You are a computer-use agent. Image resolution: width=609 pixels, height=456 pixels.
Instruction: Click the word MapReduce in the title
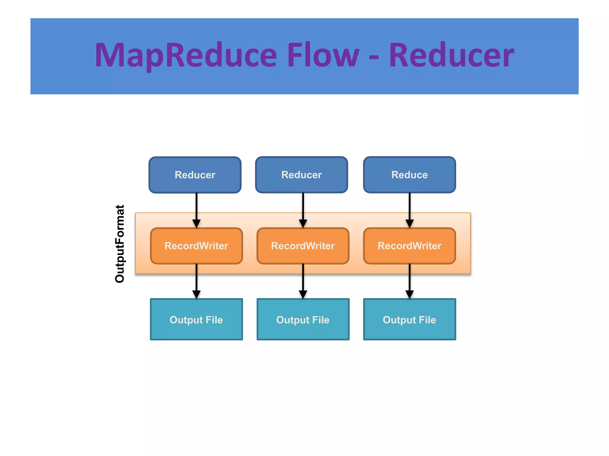pos(186,56)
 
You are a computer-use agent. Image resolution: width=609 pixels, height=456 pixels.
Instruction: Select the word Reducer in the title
pos(451,56)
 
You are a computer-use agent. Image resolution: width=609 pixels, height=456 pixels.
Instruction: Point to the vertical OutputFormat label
pos(120,244)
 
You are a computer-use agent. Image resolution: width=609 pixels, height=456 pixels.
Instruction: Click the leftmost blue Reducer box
pos(195,175)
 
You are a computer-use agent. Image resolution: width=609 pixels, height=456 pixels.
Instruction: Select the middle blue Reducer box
pos(302,175)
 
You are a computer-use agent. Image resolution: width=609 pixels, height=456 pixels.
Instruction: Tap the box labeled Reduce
pos(409,175)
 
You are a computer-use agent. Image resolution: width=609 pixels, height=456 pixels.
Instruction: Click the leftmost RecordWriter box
pos(196,246)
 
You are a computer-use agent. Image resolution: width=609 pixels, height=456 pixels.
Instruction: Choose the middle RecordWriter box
pos(303,246)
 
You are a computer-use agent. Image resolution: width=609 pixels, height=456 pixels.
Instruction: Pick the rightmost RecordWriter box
pos(409,246)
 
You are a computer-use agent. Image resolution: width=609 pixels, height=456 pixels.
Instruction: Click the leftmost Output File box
pos(196,319)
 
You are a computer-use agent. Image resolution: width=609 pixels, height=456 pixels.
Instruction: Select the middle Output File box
pos(303,319)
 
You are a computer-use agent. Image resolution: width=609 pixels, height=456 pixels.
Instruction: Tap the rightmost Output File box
pos(409,319)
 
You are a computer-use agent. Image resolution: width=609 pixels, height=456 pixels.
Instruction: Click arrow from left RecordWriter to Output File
pos(196,281)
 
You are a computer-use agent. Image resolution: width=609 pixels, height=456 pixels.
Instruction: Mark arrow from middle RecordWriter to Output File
pos(303,281)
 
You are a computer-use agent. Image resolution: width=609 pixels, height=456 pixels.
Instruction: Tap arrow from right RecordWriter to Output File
pos(409,281)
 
